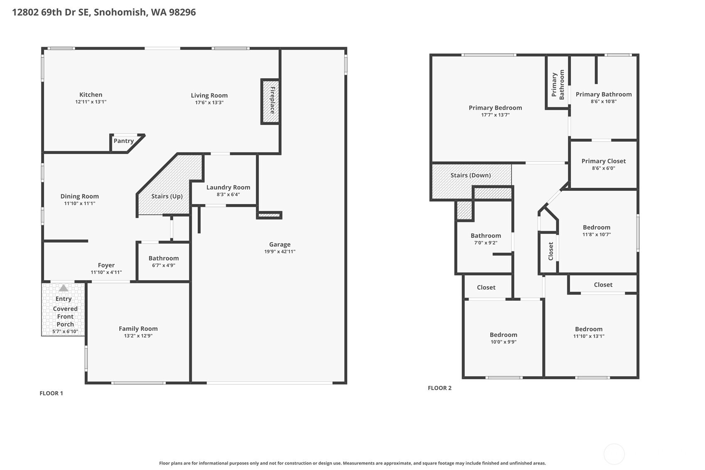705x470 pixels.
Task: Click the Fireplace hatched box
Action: coord(270,101)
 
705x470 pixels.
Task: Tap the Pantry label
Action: coord(124,141)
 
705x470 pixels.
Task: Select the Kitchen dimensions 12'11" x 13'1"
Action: coord(91,102)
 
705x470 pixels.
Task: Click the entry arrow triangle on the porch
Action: coord(64,288)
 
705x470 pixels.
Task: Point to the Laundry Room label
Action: coord(228,187)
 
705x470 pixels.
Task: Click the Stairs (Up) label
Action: coord(167,196)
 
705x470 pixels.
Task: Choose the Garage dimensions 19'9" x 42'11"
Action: coord(280,251)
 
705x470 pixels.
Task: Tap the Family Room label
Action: coord(138,328)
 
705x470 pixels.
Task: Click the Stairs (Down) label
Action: coord(471,175)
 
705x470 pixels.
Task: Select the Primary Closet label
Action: coord(603,161)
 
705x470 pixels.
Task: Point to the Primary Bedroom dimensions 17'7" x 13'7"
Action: coord(495,115)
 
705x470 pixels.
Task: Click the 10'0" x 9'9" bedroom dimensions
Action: coord(503,342)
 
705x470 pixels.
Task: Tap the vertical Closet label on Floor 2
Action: coord(550,251)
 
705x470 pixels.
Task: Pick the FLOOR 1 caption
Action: coord(51,393)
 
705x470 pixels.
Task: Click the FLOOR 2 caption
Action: coord(440,388)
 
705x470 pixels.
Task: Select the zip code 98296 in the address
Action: coord(182,12)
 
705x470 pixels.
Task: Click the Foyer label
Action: coord(106,265)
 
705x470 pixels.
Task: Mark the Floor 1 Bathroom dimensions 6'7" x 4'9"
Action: coord(164,265)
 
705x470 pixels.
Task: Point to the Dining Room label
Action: coord(80,196)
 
